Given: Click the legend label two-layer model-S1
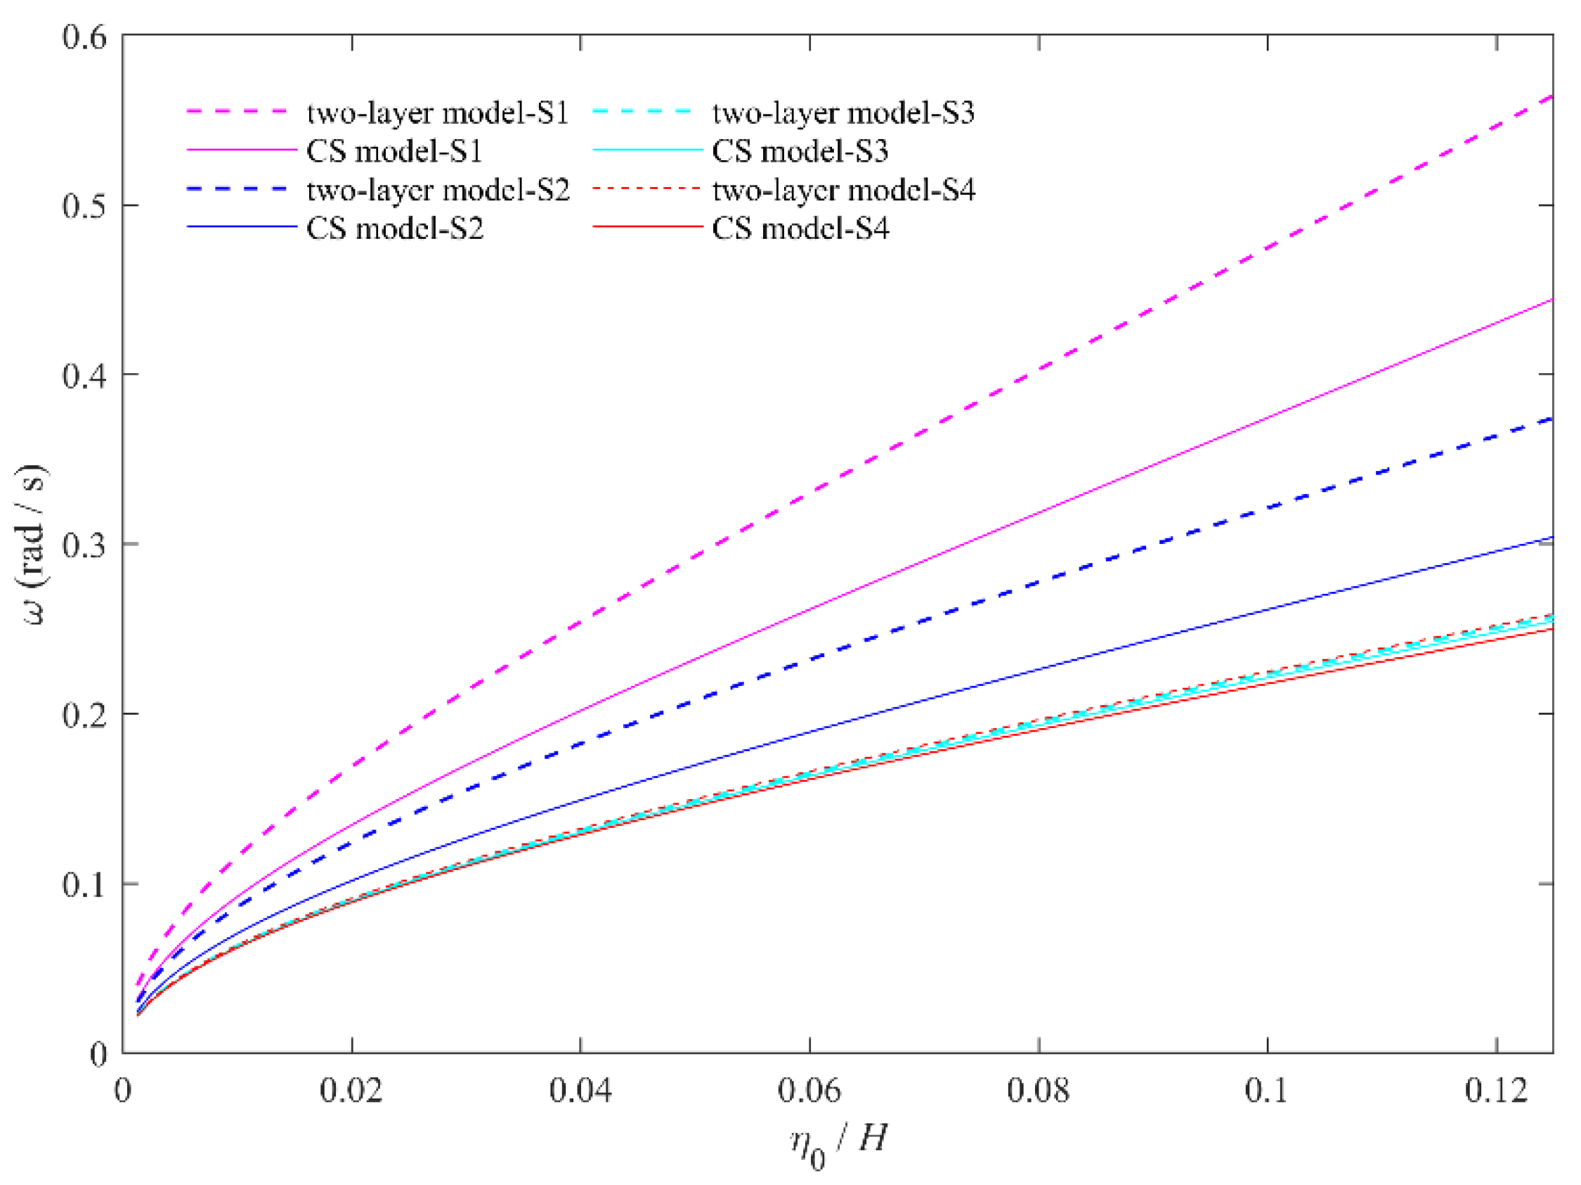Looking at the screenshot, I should pyautogui.click(x=438, y=113).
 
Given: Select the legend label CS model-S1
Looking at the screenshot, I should pyautogui.click(x=394, y=152).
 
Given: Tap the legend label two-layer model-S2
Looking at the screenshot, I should pyautogui.click(x=438, y=190).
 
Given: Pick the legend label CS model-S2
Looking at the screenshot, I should pyautogui.click(x=394, y=228).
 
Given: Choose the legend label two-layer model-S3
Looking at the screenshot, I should pyautogui.click(x=843, y=113).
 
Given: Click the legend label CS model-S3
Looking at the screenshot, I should pyautogui.click(x=800, y=152).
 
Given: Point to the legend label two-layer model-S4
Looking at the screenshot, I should pyautogui.click(x=843, y=190).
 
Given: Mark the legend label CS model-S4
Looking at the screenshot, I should pyautogui.click(x=800, y=228).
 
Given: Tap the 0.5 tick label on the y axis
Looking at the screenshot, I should pyautogui.click(x=84, y=206).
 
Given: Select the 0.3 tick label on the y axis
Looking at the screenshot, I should pyautogui.click(x=84, y=545).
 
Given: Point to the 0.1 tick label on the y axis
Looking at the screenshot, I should pyautogui.click(x=84, y=885).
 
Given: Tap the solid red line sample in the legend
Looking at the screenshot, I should pyautogui.click(x=648, y=227).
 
